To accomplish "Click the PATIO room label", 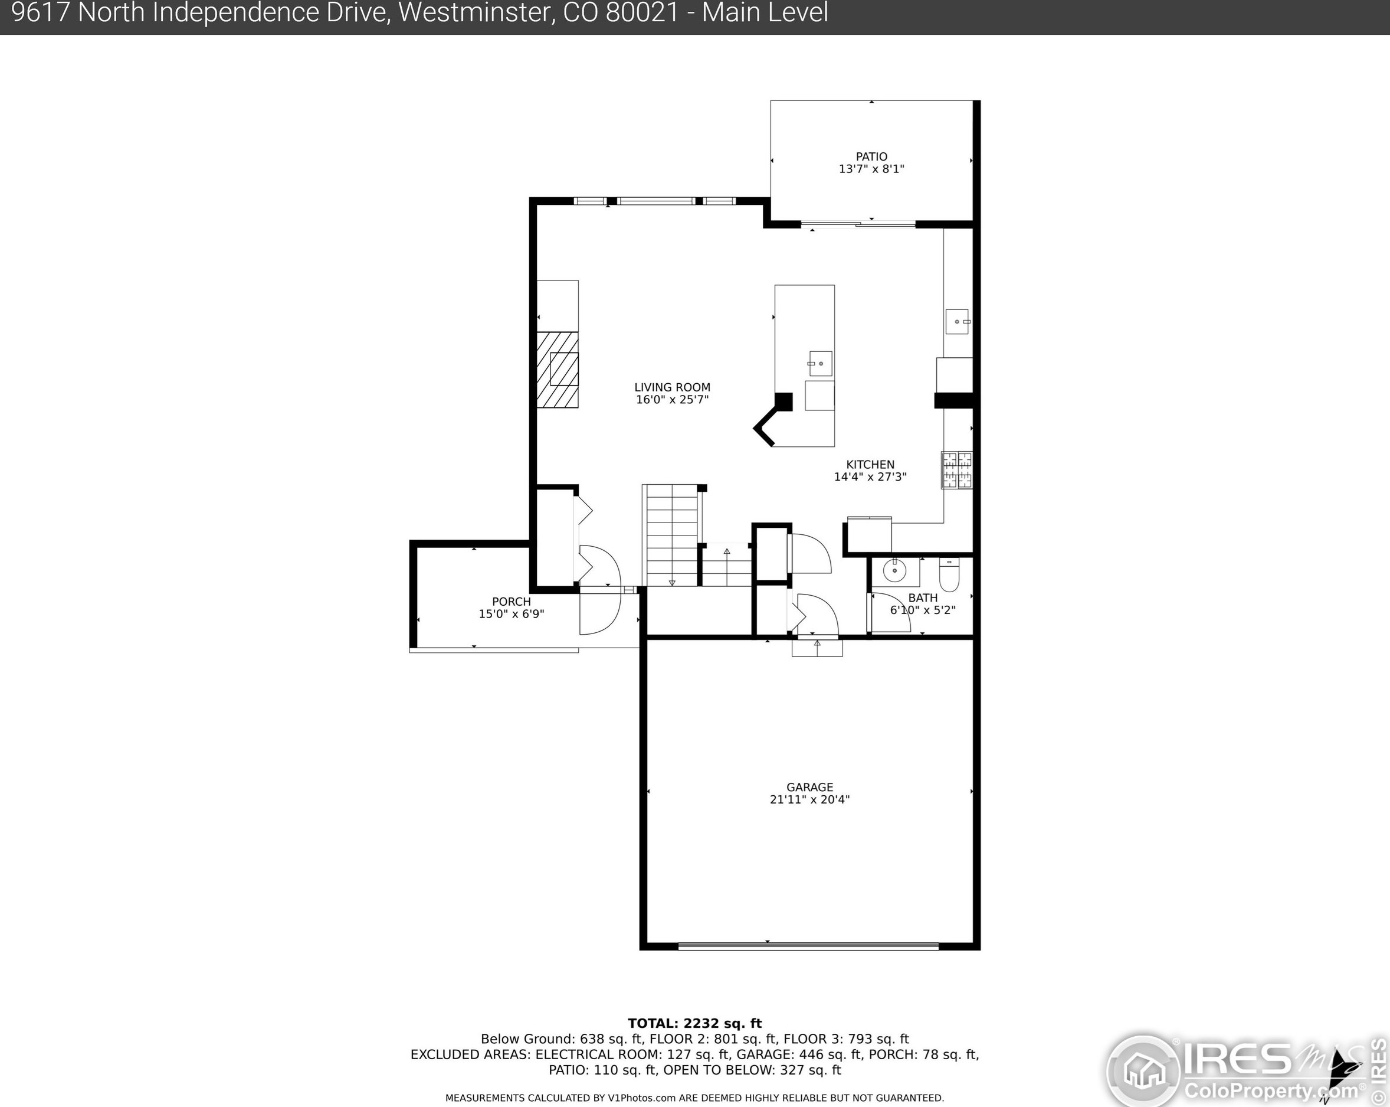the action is click(x=871, y=157).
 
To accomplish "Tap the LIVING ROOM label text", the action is click(x=672, y=387).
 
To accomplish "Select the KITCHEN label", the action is click(x=870, y=465).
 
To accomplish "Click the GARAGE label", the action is click(x=810, y=787).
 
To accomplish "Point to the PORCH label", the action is click(x=512, y=602).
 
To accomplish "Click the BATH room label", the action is click(x=923, y=598).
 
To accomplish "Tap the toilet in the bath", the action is click(x=949, y=574).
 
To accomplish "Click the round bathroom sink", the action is click(x=894, y=571).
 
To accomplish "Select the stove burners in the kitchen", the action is click(x=957, y=469).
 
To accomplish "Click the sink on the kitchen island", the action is click(x=820, y=364).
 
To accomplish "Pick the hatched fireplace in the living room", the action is click(x=557, y=370).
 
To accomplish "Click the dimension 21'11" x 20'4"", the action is click(x=810, y=800).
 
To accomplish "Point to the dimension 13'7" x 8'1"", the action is click(x=871, y=169).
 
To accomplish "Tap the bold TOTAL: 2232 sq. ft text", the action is click(x=694, y=1023).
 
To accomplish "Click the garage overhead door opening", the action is click(x=808, y=946).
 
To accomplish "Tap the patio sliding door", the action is click(x=858, y=224).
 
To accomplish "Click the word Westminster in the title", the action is click(x=474, y=13).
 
